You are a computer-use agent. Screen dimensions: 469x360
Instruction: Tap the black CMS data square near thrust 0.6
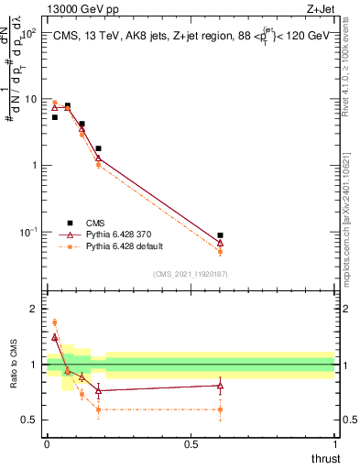tap(220, 235)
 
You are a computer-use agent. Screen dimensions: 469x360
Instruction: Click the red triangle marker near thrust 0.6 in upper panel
tap(220, 244)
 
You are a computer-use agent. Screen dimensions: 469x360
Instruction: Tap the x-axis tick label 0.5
tap(191, 444)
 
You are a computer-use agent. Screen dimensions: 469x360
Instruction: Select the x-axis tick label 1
tap(334, 444)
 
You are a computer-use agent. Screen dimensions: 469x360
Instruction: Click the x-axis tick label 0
tap(47, 444)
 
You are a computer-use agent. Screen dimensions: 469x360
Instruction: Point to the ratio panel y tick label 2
tap(34, 309)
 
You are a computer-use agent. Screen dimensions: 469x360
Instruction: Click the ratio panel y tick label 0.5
tap(30, 420)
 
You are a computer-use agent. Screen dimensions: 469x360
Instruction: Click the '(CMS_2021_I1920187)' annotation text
tap(190, 273)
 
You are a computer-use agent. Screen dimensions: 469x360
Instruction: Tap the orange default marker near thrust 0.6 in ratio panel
tap(220, 409)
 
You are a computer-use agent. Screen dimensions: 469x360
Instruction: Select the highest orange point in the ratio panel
tap(54, 322)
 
